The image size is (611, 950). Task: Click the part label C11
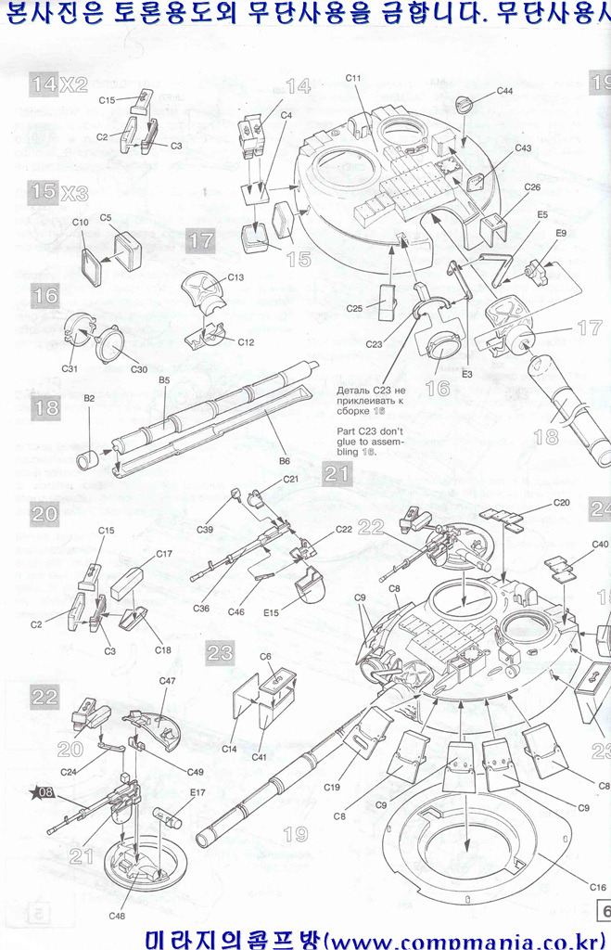point(353,78)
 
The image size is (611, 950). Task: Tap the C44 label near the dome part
point(504,91)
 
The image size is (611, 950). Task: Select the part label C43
point(523,148)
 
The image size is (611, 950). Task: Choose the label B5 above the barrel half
point(164,380)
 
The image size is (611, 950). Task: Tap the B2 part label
point(90,398)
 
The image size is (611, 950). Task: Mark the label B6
point(285,460)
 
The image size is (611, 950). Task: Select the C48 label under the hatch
point(117,917)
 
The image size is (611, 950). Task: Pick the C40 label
point(600,544)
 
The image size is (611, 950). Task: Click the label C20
point(561,502)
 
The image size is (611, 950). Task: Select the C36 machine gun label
point(201,608)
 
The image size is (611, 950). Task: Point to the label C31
point(69,369)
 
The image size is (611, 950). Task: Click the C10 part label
point(80,223)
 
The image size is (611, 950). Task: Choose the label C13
point(235,277)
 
